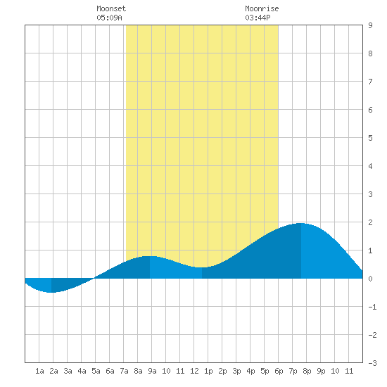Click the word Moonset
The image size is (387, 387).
[x=111, y=8]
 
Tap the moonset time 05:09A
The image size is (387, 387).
[x=109, y=18]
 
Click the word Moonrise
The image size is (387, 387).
[x=262, y=8]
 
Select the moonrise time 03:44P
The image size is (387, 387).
[x=258, y=18]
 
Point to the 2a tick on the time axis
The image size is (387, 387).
[x=53, y=371]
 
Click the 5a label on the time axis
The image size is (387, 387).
[x=96, y=371]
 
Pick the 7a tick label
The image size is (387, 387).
[x=124, y=371]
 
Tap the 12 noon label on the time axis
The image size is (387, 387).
[x=194, y=371]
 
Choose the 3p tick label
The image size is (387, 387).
[x=236, y=371]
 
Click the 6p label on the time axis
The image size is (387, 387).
[x=279, y=371]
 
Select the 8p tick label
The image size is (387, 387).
[x=307, y=371]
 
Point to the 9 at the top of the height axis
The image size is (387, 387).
[x=370, y=25]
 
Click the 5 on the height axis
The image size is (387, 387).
[x=370, y=138]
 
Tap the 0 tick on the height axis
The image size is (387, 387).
[x=370, y=279]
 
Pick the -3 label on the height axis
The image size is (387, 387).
[x=372, y=363]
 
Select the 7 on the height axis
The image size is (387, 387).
[x=370, y=82]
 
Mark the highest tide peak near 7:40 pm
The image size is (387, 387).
[x=301, y=223]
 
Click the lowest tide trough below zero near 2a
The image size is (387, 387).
[x=51, y=293]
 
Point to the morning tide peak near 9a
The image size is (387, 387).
[x=150, y=256]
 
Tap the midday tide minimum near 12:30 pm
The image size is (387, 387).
[x=202, y=267]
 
